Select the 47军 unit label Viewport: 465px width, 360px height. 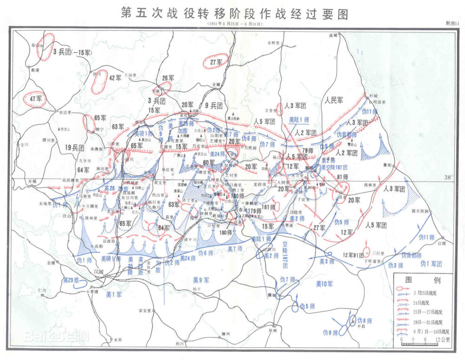pos(36,99)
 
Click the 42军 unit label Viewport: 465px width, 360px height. pos(115,78)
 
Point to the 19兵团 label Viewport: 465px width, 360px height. pos(74,147)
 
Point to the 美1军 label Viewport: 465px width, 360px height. pos(113,294)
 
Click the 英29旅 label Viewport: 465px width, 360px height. pos(71,281)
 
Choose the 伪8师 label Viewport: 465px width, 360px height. pos(365,321)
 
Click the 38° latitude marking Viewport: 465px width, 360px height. pos(448,177)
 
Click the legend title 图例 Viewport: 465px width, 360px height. pos(417,280)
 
